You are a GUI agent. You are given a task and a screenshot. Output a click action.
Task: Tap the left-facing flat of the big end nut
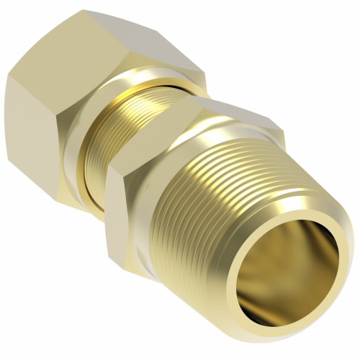(x=32, y=137)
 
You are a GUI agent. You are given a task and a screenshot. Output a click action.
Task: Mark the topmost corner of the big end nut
(x=84, y=10)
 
